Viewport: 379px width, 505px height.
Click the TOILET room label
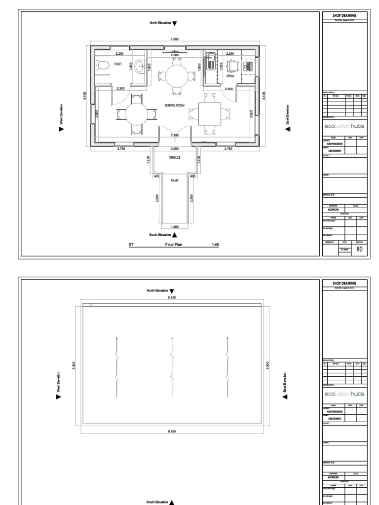tap(117, 64)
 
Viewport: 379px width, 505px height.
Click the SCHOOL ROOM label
tap(174, 106)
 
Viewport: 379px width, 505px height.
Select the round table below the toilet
tap(136, 114)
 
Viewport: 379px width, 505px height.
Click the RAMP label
tap(175, 181)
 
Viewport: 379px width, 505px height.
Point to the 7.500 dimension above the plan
tap(175, 38)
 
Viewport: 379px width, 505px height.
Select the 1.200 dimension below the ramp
tap(175, 226)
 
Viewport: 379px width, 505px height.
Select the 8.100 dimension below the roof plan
tap(172, 431)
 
